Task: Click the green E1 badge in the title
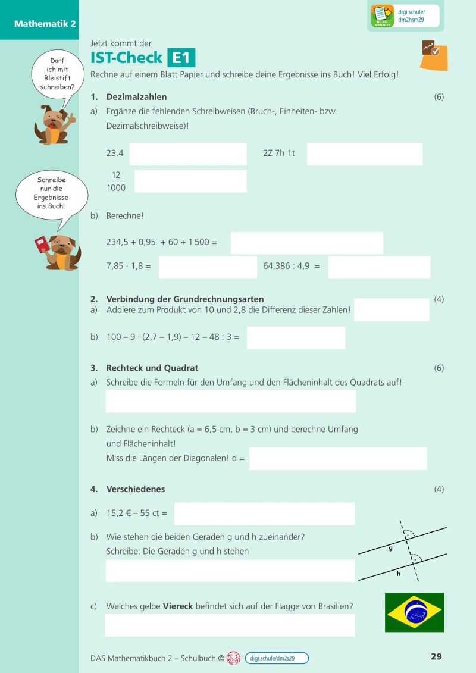[181, 58]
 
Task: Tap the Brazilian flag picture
[414, 612]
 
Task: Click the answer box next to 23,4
[188, 154]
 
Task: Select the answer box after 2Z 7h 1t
[365, 154]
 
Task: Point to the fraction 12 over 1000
[116, 181]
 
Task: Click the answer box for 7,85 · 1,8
[208, 267]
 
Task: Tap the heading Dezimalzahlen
[136, 97]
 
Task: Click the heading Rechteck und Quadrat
[152, 368]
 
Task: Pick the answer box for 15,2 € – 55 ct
[264, 514]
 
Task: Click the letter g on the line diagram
[391, 549]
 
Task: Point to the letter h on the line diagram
[398, 574]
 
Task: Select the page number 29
[436, 657]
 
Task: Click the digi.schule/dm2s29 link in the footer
[277, 658]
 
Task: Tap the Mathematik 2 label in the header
[37, 24]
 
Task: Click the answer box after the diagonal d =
[337, 459]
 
